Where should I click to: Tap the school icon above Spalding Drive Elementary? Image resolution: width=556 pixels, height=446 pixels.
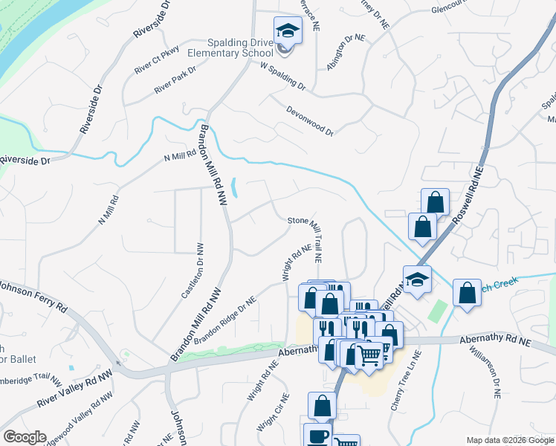click(286, 31)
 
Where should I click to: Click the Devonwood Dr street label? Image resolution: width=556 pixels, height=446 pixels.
click(310, 120)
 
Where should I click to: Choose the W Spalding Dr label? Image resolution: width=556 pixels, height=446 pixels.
click(283, 75)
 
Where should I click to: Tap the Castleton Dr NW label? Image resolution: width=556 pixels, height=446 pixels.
click(193, 271)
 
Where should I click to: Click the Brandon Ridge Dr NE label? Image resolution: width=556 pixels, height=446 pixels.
click(225, 320)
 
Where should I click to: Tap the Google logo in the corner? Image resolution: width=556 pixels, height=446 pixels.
click(25, 437)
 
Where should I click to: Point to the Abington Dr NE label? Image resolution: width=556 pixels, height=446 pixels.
click(346, 52)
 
